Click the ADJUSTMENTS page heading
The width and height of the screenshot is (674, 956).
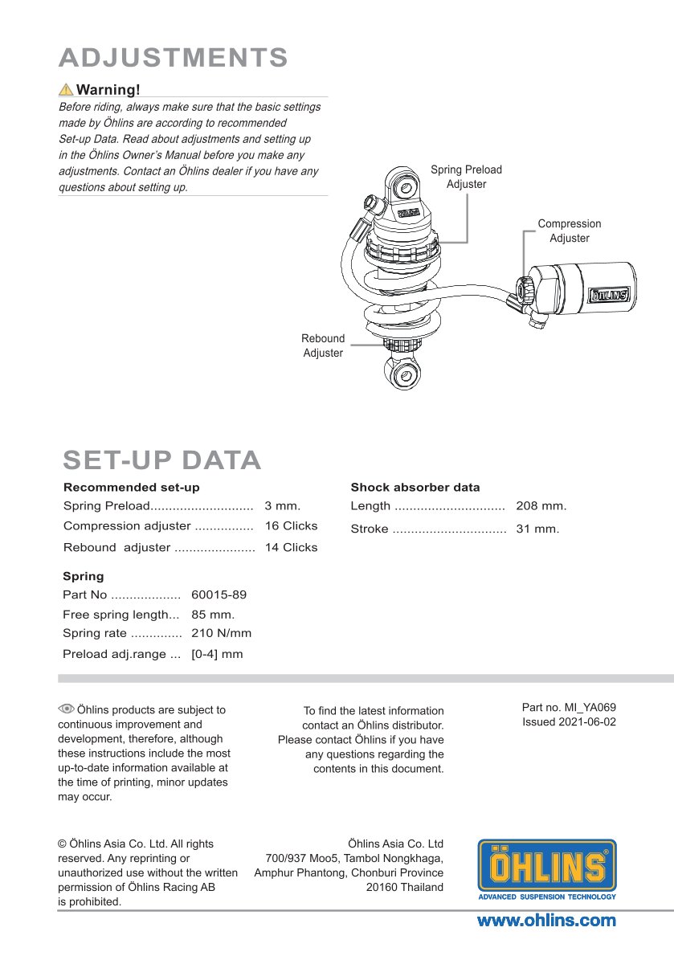[x=174, y=58]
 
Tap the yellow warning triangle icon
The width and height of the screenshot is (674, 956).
[x=66, y=89]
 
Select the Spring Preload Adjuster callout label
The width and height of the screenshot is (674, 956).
[x=466, y=177]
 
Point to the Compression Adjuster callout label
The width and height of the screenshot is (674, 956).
[x=569, y=231]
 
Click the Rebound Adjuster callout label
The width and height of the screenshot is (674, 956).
[x=323, y=345]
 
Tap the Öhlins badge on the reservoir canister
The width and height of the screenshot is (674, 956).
[x=610, y=295]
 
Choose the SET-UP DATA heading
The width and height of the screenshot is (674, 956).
[x=162, y=460]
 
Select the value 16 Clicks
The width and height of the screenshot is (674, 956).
[x=291, y=526]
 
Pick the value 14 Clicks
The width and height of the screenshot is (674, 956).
[x=291, y=547]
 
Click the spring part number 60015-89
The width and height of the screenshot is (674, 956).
[x=219, y=595]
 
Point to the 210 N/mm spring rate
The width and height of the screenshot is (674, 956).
[x=221, y=633]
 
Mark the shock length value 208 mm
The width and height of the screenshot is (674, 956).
[x=541, y=506]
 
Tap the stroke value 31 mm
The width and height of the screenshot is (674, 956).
[x=537, y=529]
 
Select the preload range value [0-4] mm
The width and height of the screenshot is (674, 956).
[x=217, y=654]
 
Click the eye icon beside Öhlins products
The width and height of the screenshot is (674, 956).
[x=66, y=709]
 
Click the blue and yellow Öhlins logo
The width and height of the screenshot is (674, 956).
[x=546, y=869]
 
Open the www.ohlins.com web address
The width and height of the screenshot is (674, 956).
[x=546, y=921]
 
